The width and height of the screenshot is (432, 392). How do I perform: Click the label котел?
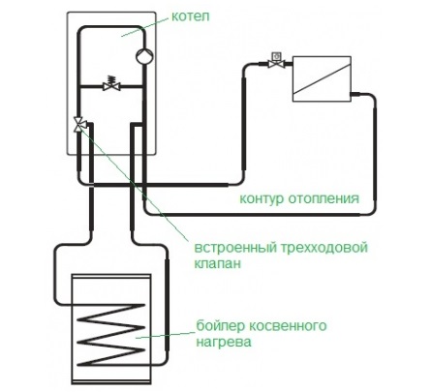click(190, 16)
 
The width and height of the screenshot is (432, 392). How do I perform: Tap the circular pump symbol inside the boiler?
click(144, 56)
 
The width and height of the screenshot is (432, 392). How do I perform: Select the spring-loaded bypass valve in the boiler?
click(111, 83)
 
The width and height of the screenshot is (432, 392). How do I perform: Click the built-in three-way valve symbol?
click(79, 124)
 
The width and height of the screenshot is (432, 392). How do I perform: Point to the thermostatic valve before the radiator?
click(276, 61)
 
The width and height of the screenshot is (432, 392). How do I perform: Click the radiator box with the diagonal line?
click(322, 79)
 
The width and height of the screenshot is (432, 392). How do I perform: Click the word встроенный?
click(235, 249)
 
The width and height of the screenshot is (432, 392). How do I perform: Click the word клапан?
click(218, 263)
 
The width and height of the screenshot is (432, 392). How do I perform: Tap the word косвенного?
click(288, 325)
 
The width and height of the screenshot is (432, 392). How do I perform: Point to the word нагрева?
click(224, 342)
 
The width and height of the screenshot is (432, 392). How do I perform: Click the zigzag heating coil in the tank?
click(110, 335)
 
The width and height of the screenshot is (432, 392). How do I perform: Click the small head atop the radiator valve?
click(276, 56)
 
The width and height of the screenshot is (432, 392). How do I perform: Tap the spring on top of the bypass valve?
click(111, 78)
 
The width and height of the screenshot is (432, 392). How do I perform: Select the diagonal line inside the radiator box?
click(322, 79)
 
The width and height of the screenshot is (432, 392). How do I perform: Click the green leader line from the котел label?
click(145, 27)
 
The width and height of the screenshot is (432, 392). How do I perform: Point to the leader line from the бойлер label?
click(166, 335)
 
